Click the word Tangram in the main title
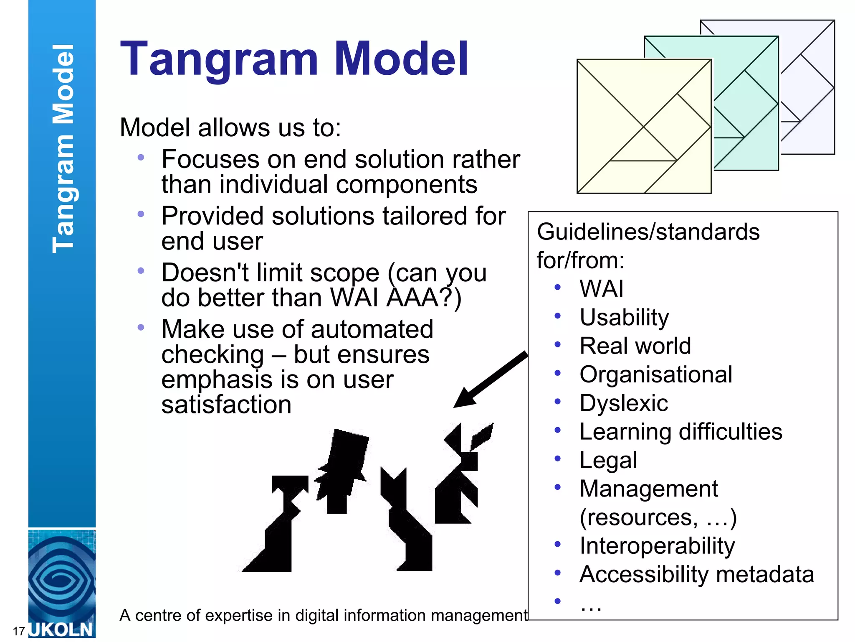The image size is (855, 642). coord(219,59)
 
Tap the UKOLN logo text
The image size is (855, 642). coord(61,629)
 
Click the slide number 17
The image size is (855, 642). coord(19,631)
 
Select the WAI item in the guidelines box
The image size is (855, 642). coord(601,288)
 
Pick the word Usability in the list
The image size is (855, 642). coord(624,317)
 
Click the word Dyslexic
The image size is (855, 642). coord(624,403)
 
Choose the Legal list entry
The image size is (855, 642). coord(608,460)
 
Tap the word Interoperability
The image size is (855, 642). coord(657,546)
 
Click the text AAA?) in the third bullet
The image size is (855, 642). coord(424,298)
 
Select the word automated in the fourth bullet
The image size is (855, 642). coord(372,329)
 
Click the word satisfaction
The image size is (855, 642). coord(226,405)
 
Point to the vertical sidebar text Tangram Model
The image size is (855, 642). coord(63,148)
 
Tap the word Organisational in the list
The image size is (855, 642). coord(656,374)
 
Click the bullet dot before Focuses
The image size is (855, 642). coord(141,158)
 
